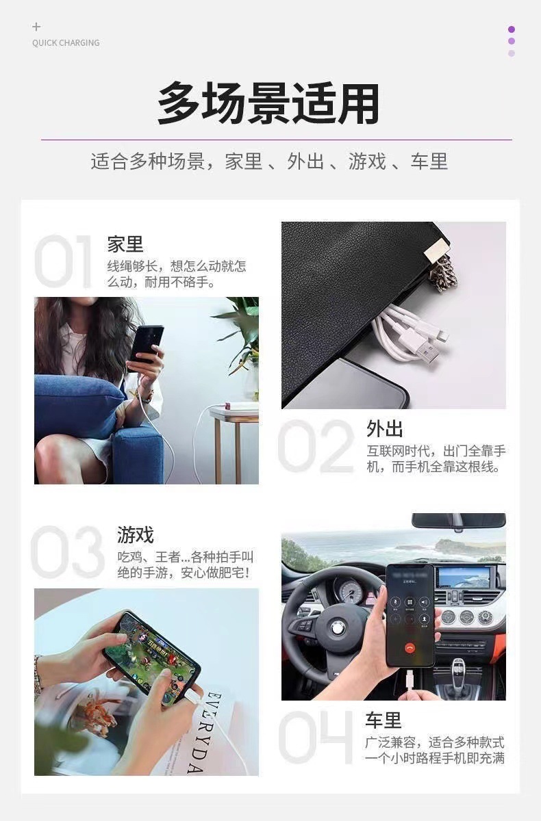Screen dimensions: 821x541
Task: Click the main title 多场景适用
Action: pos(268,104)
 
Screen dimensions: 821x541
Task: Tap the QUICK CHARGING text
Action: pos(66,43)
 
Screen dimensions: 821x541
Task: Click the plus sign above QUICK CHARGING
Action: pos(36,27)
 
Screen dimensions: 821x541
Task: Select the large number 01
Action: pos(64,261)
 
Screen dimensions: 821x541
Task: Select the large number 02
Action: pos(316,446)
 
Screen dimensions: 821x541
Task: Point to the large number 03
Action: pos(68,552)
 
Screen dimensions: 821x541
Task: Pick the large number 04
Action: pos(316,738)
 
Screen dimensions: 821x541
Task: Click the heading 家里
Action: pos(125,244)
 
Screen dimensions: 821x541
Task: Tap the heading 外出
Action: pos(385,429)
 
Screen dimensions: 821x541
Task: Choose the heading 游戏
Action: pos(136,534)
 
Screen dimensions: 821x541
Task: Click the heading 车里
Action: pos(383,720)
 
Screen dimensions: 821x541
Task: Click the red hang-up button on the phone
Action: pos(410,645)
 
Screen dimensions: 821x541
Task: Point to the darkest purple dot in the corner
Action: pos(512,29)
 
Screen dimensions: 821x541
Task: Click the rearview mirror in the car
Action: pos(458,520)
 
